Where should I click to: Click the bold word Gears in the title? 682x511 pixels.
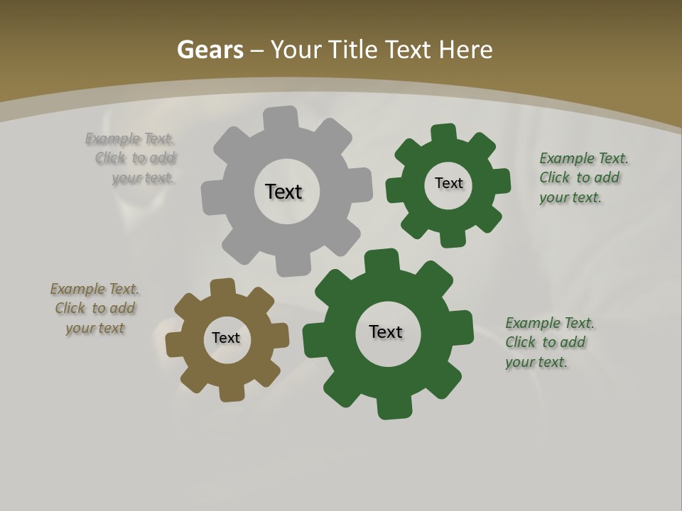coord(210,50)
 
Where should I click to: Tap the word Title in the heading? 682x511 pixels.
coord(352,50)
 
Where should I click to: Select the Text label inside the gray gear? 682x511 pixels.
coord(283,192)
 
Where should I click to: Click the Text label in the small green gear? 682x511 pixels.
coord(448,183)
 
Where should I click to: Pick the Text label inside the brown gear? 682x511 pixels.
coord(226,338)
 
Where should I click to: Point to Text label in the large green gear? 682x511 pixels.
coord(386,331)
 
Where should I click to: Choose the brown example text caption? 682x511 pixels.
coord(94,308)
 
